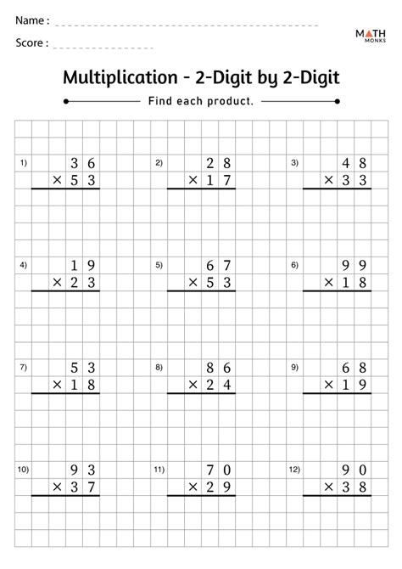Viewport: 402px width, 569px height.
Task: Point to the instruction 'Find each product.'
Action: [x=201, y=101]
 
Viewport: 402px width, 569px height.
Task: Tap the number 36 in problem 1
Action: [x=83, y=162]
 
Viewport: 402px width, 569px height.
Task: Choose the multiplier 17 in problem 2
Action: [x=219, y=180]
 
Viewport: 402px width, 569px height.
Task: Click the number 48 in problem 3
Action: [x=355, y=162]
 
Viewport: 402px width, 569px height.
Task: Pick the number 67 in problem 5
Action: [x=219, y=265]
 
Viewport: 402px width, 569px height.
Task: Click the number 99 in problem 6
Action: [x=355, y=265]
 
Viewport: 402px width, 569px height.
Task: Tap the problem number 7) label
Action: [x=23, y=368]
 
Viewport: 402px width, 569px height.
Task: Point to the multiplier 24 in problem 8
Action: [x=219, y=386]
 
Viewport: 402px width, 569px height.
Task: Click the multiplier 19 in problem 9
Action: [x=355, y=386]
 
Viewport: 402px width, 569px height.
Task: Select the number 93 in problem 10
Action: [x=83, y=470]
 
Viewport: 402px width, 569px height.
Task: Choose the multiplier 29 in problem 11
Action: [x=219, y=487]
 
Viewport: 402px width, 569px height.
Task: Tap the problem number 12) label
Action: [x=295, y=470]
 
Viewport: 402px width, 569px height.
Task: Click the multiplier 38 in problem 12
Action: [x=355, y=487]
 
